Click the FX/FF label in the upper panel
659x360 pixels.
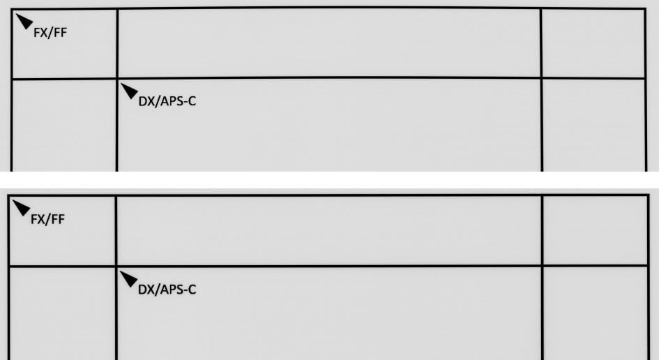pos(50,33)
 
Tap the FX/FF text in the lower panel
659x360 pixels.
pos(47,219)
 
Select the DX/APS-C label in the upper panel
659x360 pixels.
pos(167,101)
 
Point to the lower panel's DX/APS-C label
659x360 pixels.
pos(167,290)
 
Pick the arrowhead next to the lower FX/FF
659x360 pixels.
pos(22,207)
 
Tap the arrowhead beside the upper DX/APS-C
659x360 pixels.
pos(130,91)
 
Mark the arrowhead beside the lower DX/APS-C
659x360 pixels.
pos(129,279)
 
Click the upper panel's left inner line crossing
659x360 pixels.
pos(117,78)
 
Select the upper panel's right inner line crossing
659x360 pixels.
pos(541,78)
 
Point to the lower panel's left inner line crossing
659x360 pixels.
pos(116,267)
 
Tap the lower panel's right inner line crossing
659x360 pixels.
pos(542,266)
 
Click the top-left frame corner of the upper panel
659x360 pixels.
pos(12,9)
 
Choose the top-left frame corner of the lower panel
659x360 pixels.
pos(9,196)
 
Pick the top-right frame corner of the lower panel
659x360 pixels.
pos(649,195)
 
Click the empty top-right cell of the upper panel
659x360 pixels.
pos(593,43)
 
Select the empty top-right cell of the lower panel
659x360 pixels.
pos(595,230)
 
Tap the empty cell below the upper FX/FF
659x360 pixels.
pos(64,126)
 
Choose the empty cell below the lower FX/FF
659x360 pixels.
pos(62,314)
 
